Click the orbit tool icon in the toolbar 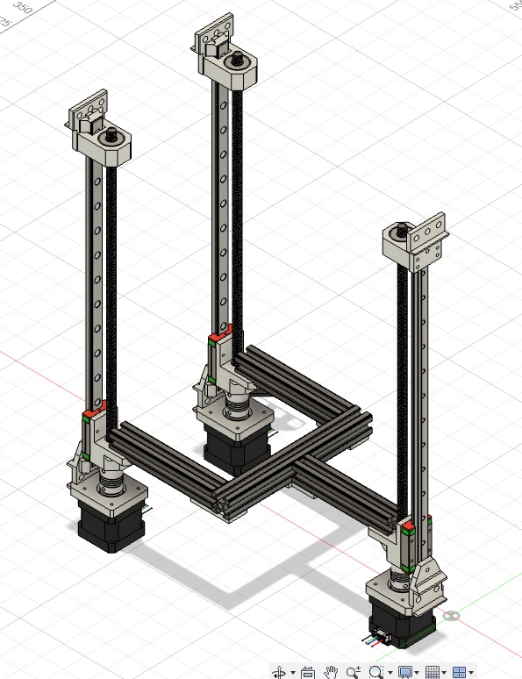pos(280,672)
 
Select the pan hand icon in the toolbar pos(331,672)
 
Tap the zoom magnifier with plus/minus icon pos(354,672)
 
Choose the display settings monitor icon pos(404,672)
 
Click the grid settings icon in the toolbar pos(432,672)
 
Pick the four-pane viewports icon pos(458,672)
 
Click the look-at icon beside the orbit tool pos(307,672)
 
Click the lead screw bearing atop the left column pos(113,137)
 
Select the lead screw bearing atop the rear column pos(238,61)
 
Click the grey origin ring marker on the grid pos(453,616)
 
